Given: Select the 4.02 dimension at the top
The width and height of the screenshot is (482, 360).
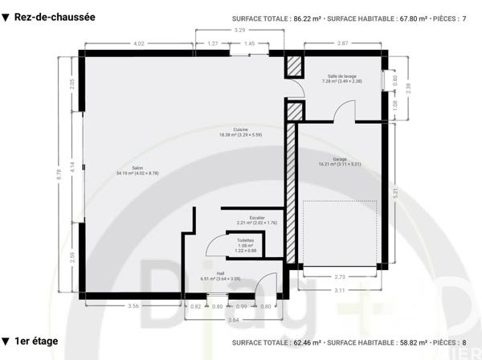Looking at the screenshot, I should coord(138,43).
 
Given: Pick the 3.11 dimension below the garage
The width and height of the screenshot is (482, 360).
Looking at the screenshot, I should coord(341,289).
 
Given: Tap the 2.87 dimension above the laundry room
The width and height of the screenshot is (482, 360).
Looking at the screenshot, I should coord(342,43).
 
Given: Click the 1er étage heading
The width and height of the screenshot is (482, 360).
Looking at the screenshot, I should coord(36,342).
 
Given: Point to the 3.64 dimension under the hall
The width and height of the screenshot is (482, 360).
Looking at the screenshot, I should coord(233,320).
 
